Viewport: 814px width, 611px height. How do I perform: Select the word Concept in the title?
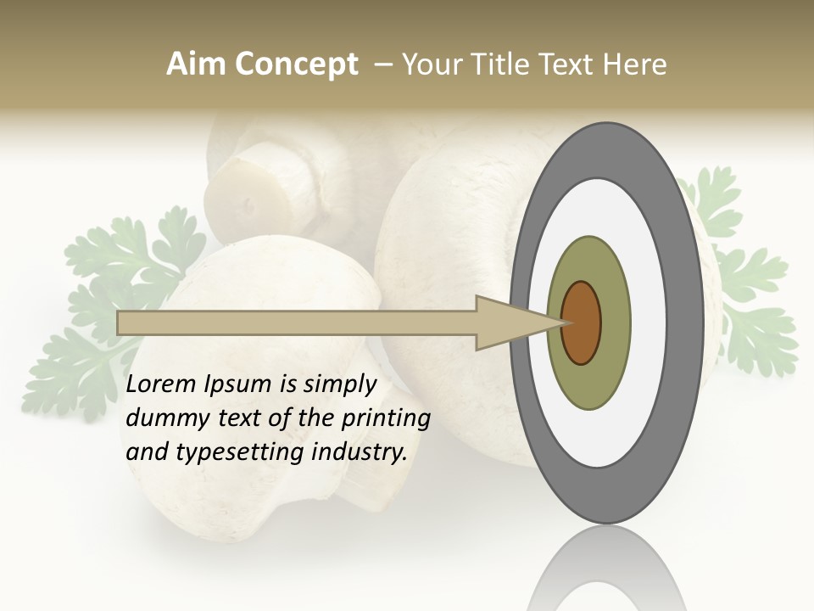coord(296,64)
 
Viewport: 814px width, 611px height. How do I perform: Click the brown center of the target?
coord(582,322)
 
